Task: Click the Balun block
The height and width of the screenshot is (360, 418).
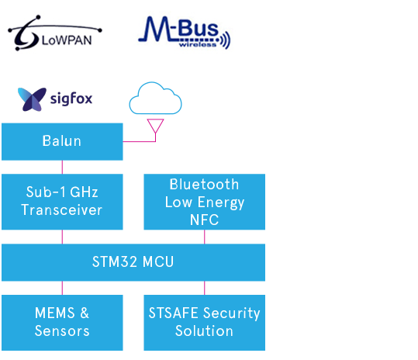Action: tap(62, 142)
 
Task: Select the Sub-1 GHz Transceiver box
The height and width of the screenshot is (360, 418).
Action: tap(62, 202)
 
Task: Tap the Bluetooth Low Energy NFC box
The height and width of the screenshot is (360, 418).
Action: tap(205, 202)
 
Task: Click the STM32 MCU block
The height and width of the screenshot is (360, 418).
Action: tap(133, 262)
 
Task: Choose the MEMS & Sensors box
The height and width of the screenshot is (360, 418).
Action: tap(62, 323)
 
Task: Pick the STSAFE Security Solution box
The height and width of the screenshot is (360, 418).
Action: tap(205, 323)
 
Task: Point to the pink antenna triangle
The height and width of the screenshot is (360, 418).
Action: tap(155, 126)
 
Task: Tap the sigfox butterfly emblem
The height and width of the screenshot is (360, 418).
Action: tap(32, 99)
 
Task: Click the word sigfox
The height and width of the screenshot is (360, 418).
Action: tap(71, 99)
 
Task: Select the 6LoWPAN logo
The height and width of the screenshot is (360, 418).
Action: tap(54, 33)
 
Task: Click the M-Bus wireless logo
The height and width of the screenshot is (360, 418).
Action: tap(185, 33)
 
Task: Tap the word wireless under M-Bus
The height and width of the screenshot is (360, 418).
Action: tap(198, 44)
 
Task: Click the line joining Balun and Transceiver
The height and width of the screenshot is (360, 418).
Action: tap(62, 168)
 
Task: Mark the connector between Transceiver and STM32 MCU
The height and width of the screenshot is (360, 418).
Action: tap(62, 237)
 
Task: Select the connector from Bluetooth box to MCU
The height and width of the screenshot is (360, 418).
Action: tap(205, 237)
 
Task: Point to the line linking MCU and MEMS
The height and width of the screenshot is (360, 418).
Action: tap(62, 288)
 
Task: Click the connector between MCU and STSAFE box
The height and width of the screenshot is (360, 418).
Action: tap(205, 288)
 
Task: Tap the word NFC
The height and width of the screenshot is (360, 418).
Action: tap(205, 220)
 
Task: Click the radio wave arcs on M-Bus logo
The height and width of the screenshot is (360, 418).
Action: tap(226, 40)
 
